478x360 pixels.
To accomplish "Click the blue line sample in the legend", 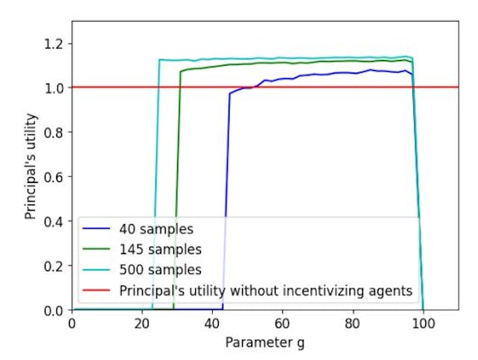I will (97, 228).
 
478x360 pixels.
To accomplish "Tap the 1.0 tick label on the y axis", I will (55, 87).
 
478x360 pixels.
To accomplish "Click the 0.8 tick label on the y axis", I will (55, 132).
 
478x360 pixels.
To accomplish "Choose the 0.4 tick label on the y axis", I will (55, 221).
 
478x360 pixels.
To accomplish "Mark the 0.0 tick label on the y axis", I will (55, 310).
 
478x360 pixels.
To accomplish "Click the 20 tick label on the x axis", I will (142, 324).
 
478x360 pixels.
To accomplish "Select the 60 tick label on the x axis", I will (282, 324).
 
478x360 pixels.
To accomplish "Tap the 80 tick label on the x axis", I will (353, 324).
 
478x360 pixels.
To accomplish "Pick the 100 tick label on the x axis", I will (423, 324).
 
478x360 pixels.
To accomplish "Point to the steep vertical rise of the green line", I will (177, 187).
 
